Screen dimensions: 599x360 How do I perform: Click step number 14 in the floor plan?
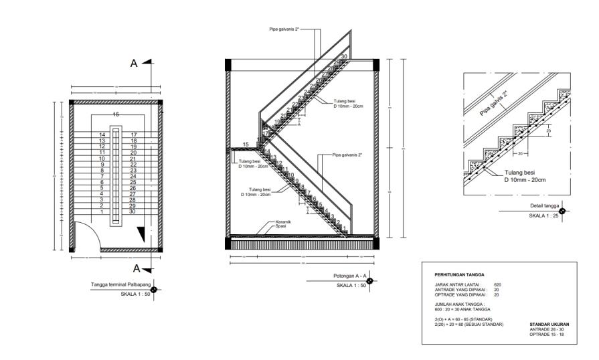(102, 135)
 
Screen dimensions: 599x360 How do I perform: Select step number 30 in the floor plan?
(134, 212)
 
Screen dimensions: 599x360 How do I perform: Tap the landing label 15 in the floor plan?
(116, 115)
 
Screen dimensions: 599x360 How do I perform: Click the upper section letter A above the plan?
(134, 64)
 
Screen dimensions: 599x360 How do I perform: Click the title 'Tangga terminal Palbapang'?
(120, 285)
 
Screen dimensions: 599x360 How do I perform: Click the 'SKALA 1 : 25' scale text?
(542, 216)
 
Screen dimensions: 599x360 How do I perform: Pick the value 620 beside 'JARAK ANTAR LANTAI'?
(497, 284)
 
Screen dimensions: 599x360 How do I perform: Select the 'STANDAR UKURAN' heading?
(549, 324)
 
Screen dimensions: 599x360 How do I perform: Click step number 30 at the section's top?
(344, 57)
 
